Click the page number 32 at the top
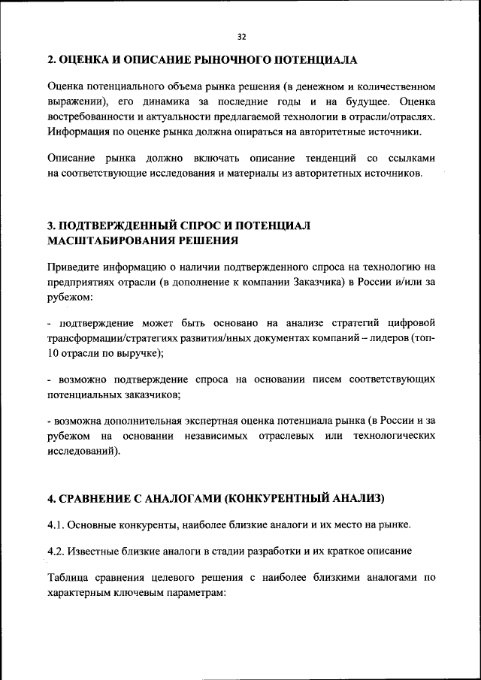(240, 36)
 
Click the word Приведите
(72, 267)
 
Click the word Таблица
(68, 577)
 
